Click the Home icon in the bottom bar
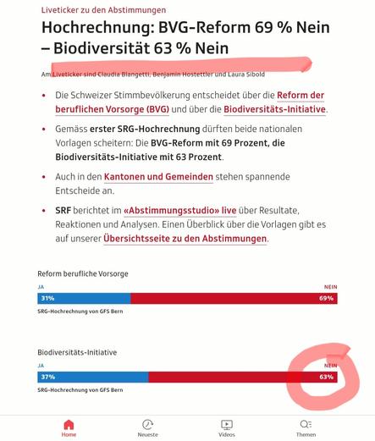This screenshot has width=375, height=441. [69, 425]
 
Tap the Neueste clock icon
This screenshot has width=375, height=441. [147, 425]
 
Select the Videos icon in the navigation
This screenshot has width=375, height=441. [227, 425]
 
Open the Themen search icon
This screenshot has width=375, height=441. [306, 424]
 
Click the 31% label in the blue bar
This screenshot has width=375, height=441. [47, 298]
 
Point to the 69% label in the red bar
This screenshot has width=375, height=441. [326, 298]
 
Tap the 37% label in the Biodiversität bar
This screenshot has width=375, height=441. [48, 377]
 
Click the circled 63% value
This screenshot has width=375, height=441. [326, 377]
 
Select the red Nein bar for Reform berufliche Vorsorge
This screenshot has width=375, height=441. [234, 299]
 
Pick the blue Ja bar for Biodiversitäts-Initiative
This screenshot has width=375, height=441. [93, 377]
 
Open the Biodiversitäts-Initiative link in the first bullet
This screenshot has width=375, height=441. [274, 109]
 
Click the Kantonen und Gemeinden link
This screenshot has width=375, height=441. [158, 177]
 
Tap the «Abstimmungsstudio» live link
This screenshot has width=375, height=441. [180, 211]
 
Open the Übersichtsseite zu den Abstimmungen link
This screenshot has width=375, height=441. [185, 239]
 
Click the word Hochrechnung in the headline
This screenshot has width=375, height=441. [96, 28]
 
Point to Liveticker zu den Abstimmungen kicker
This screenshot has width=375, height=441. [103, 10]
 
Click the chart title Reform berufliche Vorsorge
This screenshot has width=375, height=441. [83, 273]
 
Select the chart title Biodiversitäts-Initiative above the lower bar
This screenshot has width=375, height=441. [77, 352]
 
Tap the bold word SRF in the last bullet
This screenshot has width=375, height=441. [63, 211]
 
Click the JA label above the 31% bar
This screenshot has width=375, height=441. [41, 287]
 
